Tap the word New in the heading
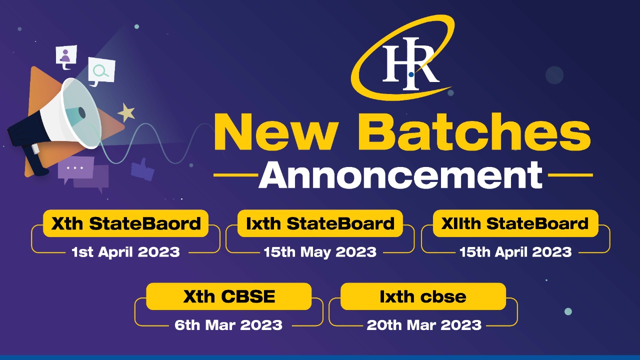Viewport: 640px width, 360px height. pos(276,131)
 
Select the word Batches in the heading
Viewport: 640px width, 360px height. pos(474,131)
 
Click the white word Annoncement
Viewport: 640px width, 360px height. pos(400,174)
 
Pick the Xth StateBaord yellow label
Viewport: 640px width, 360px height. pos(125,223)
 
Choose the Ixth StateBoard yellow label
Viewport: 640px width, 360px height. pos(320,223)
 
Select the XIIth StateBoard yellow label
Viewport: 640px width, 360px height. pos(515,223)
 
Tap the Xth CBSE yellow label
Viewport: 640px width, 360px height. pos(229,296)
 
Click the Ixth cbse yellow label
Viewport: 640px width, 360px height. pos(423,296)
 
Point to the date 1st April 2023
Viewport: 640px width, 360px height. pos(125,252)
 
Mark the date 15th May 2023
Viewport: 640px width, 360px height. pos(320,252)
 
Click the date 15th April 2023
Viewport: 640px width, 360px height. pos(515,252)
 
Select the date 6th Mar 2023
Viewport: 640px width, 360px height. pos(228,325)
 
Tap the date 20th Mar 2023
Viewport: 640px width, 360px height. pos(424,325)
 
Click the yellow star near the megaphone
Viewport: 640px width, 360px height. pos(126,112)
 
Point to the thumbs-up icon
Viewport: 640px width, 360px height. pos(142,169)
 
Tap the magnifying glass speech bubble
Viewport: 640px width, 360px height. pos(101,71)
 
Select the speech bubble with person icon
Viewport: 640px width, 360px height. pos(66,57)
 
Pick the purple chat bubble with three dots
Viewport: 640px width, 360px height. pos(75,168)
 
